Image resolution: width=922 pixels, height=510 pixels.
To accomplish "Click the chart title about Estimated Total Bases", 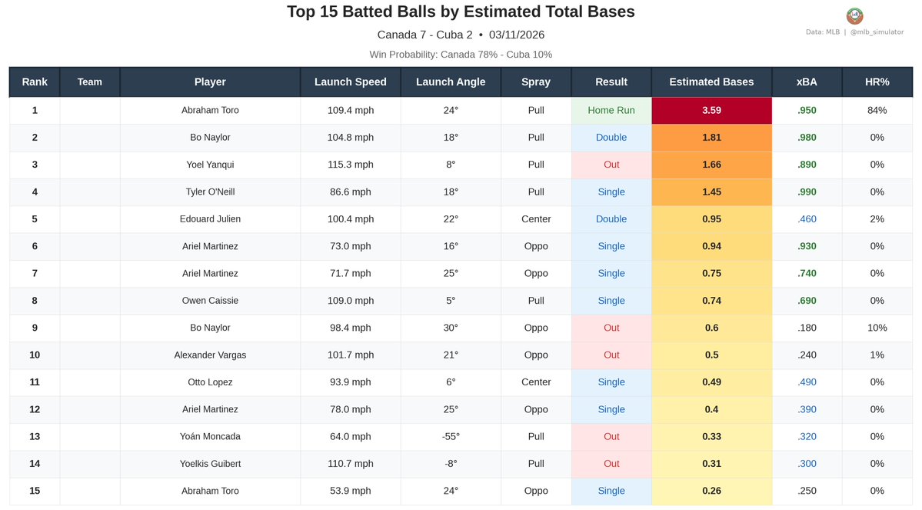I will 461,12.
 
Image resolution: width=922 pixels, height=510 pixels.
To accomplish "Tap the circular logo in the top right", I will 854,16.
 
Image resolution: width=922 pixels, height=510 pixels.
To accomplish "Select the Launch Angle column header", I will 451,82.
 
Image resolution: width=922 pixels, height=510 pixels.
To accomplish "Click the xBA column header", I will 807,82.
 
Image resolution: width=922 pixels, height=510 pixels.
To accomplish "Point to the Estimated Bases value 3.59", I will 711,110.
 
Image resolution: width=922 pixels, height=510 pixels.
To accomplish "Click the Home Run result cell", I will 611,110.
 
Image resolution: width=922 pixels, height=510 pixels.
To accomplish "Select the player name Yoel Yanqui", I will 210,165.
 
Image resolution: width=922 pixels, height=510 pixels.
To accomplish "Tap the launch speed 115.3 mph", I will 350,165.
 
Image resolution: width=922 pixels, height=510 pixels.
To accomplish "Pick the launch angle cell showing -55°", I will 451,437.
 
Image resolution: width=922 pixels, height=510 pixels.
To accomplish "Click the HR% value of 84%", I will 877,110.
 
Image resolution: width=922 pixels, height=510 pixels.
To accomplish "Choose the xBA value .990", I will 807,192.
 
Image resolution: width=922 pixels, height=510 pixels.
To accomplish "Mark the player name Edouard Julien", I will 210,219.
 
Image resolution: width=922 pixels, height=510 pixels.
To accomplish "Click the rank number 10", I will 35,355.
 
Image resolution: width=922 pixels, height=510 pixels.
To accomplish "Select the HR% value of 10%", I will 877,328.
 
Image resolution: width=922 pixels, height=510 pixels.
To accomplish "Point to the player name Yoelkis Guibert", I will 210,464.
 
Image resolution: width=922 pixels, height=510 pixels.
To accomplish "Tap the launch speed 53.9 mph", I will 350,492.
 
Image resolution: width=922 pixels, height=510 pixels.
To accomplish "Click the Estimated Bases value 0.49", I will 711,382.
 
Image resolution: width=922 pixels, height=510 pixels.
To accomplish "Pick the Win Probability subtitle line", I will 461,55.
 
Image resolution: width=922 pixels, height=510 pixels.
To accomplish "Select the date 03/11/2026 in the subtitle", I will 517,35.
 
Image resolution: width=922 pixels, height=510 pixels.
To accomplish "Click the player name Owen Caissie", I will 210,301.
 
